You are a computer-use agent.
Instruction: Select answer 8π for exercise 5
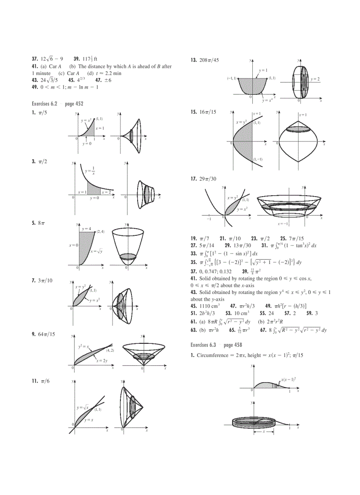tap(41, 223)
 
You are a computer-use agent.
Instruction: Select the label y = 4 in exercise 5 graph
tap(86, 229)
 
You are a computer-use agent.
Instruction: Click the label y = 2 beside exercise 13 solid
tap(315, 79)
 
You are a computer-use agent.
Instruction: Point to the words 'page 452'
tap(73, 104)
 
